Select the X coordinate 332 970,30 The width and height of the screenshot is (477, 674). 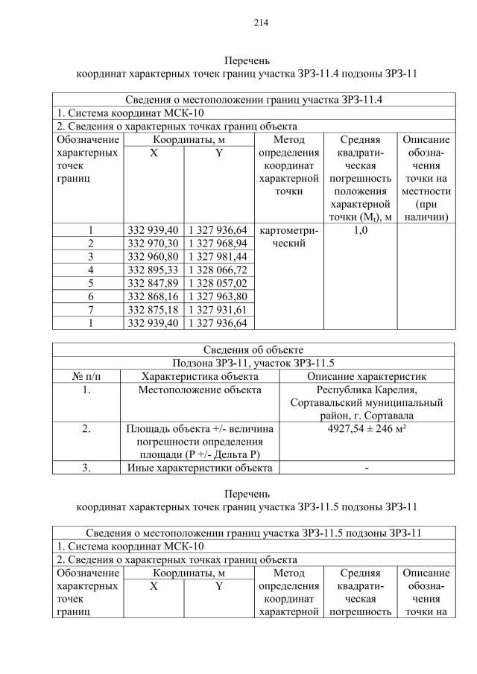(x=154, y=243)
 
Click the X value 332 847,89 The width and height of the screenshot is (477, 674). (x=154, y=283)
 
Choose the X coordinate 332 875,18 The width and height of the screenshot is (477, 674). (x=154, y=310)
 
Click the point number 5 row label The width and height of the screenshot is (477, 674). (x=89, y=283)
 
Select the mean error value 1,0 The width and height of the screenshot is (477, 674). (x=360, y=230)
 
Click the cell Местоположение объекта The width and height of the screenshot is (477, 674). (x=200, y=390)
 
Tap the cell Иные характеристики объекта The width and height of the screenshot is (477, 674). (x=200, y=468)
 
